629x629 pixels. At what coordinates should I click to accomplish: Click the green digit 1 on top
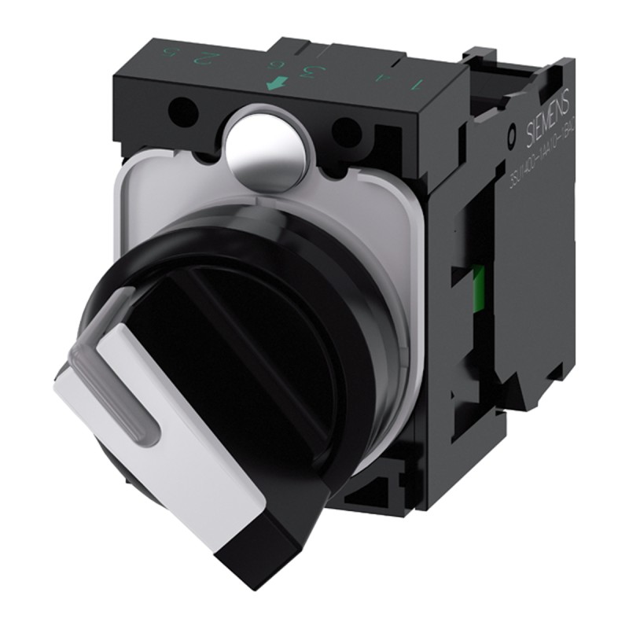pos(417,82)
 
